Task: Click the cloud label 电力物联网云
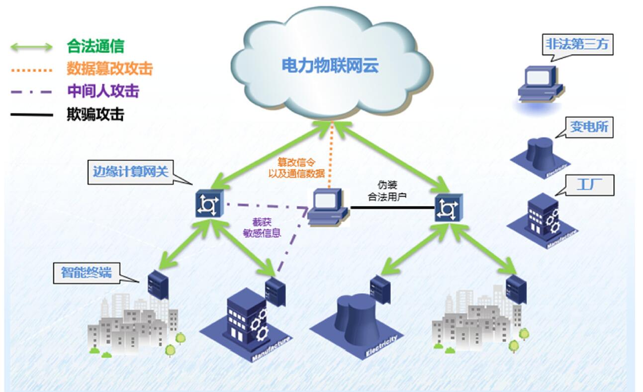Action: click(x=330, y=65)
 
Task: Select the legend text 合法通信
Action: click(x=95, y=47)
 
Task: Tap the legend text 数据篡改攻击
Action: click(x=109, y=69)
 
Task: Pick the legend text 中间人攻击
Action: click(x=102, y=91)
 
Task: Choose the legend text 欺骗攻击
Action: click(x=95, y=114)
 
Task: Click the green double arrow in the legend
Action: click(x=31, y=47)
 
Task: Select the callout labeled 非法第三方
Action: click(x=576, y=45)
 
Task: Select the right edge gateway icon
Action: click(x=445, y=208)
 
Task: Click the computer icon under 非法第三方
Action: click(x=539, y=84)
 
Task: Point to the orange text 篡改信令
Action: click(x=296, y=162)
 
